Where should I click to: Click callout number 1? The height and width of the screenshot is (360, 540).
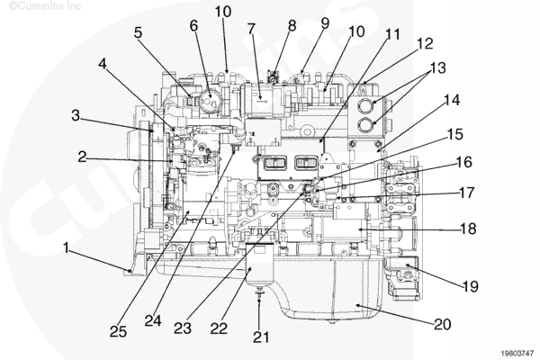[x=66, y=247]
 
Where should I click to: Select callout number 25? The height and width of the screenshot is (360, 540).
[x=118, y=332]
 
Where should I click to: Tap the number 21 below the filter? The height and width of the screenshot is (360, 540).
[x=261, y=337]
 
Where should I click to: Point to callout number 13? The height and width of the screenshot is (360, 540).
[x=438, y=67]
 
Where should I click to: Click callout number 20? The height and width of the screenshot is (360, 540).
[x=443, y=325]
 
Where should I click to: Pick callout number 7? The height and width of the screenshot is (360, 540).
[x=251, y=29]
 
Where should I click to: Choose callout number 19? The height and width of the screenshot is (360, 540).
[x=471, y=286]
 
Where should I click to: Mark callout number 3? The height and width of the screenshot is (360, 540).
[x=76, y=115]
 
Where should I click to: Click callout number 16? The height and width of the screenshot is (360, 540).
[x=464, y=162]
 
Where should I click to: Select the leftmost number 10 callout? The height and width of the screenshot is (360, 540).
[x=223, y=12]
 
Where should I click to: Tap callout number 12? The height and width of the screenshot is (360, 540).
[x=425, y=44]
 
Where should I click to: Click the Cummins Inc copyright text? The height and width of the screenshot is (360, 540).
[x=45, y=6]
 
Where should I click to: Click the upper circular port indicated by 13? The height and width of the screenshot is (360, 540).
[x=365, y=106]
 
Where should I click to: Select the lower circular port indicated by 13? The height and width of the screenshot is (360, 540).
[x=365, y=125]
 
